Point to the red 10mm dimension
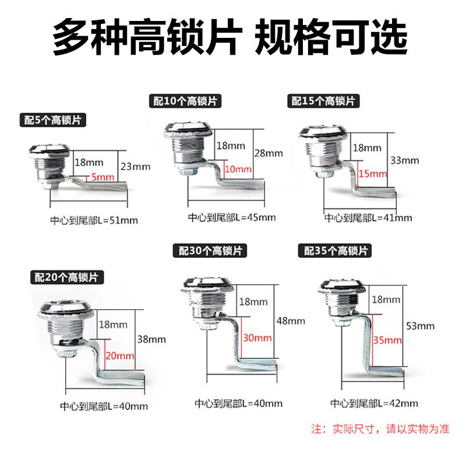238,170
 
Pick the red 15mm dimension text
373,174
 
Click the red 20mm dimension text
120,355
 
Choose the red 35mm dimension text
388,340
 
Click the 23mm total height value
136,167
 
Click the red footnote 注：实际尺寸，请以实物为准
382,430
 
